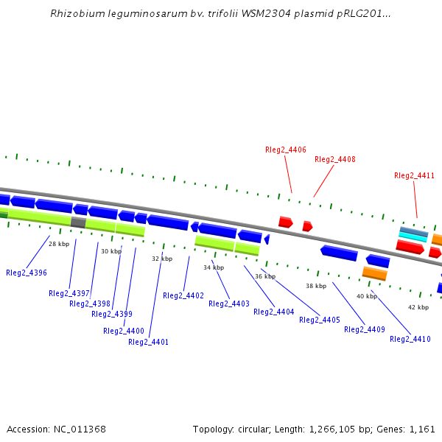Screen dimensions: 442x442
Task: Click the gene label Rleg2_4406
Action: (x=286, y=150)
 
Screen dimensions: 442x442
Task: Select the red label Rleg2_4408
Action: (x=335, y=159)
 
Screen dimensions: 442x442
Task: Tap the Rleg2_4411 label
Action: (x=414, y=175)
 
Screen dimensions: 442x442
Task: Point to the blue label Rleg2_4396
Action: (x=27, y=273)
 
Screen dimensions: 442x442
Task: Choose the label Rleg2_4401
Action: (x=148, y=342)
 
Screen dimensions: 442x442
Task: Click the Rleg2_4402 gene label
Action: (x=183, y=295)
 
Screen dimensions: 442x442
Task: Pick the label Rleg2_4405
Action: (x=320, y=320)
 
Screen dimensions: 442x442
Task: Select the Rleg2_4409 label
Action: (x=365, y=329)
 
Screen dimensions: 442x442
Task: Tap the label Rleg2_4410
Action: (x=410, y=339)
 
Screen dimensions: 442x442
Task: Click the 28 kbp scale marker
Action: (x=59, y=243)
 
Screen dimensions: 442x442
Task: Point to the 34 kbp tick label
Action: (x=214, y=267)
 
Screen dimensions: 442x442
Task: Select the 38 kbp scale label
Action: (x=316, y=286)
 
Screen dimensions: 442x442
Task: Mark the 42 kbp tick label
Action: (x=418, y=307)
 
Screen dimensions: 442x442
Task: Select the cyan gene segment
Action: (x=413, y=237)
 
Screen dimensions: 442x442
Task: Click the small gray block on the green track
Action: (x=78, y=222)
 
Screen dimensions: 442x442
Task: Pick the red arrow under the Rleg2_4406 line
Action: (x=286, y=222)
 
